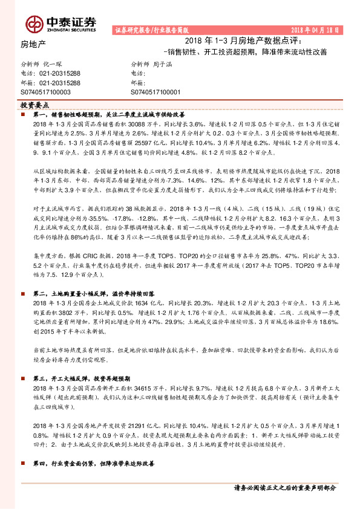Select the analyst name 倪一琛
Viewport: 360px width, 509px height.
point(54,63)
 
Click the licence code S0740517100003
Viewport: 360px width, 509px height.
point(46,91)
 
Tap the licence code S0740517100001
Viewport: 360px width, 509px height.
point(155,91)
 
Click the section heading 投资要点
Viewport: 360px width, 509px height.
point(33,105)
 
